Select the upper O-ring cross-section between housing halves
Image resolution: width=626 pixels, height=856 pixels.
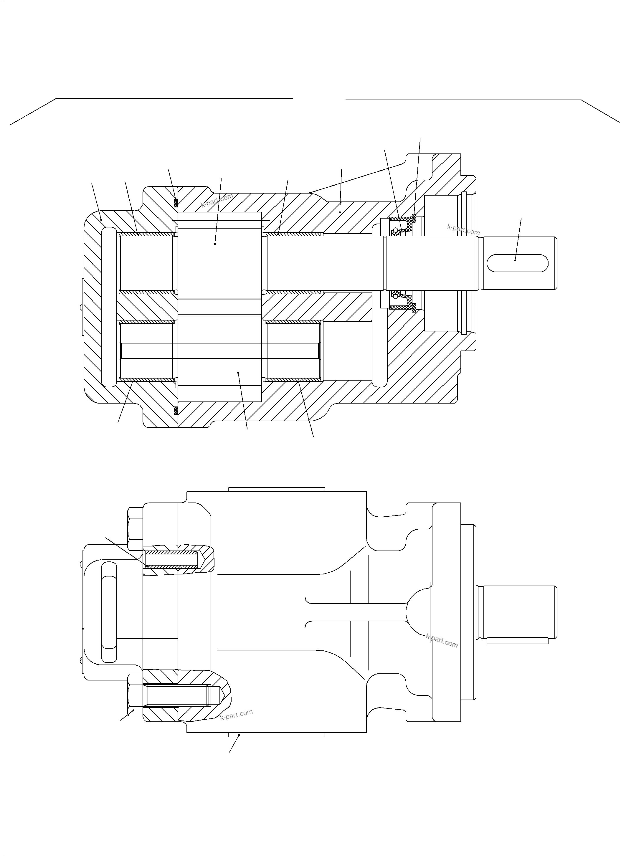(176, 203)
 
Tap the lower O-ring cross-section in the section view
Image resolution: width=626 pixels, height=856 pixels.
(176, 410)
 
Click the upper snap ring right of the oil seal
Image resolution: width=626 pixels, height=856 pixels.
(414, 218)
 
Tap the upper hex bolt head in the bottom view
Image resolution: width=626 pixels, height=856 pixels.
(135, 529)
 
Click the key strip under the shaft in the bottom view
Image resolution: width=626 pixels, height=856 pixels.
(517, 641)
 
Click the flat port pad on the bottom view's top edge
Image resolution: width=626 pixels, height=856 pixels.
(277, 489)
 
